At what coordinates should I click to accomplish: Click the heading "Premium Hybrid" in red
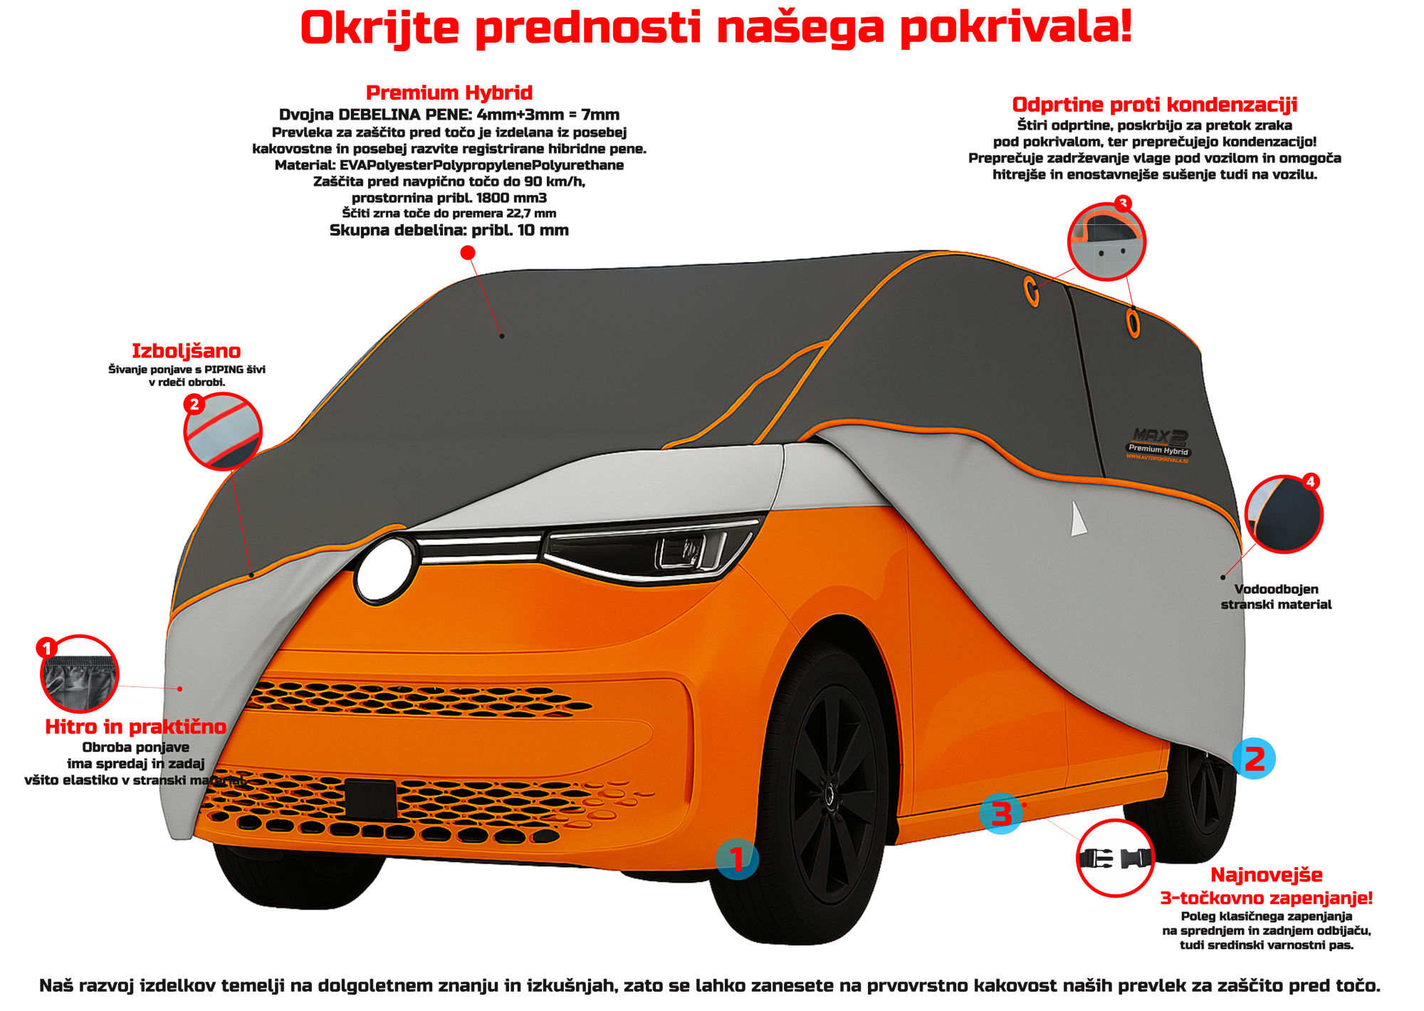449,93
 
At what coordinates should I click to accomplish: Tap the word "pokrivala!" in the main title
1015,28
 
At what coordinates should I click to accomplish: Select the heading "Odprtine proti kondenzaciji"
1154,105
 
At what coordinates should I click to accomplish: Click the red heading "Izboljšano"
186,351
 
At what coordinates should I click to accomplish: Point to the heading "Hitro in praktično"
135,727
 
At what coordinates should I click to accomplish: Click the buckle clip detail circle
1114,858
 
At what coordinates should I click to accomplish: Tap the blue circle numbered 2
1254,759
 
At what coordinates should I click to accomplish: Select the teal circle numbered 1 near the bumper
737,859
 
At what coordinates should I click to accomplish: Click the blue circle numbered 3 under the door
1001,814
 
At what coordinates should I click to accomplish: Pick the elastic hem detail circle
79,674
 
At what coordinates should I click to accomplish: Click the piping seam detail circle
223,432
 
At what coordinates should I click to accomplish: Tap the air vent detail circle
1106,241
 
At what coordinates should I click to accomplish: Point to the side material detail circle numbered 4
1284,514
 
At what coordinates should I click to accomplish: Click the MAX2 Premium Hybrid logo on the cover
1158,446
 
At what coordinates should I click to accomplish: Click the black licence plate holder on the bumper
370,799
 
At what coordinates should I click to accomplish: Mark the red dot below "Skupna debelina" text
468,253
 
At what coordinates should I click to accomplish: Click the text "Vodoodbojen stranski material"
1276,597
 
